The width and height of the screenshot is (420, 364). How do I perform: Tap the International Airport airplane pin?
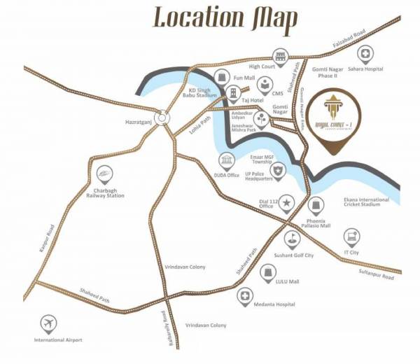(48, 323)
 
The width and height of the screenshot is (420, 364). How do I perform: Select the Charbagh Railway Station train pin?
(104, 172)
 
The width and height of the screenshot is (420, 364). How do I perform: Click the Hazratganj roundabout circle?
(163, 118)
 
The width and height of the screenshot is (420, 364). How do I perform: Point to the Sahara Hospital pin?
(365, 54)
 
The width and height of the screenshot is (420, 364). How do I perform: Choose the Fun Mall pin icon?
(223, 76)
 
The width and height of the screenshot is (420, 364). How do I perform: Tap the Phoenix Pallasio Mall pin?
(316, 205)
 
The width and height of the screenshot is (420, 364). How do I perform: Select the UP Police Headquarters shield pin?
(279, 170)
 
